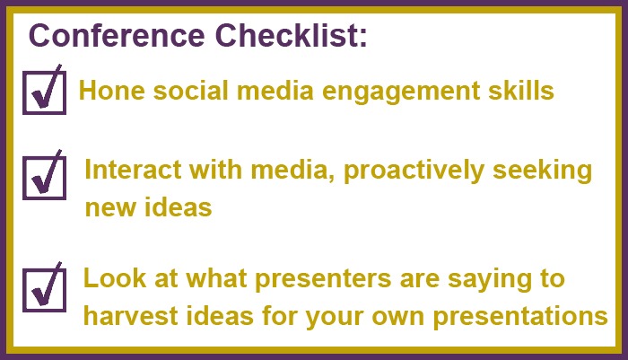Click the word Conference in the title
click(117, 35)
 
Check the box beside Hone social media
click(45, 92)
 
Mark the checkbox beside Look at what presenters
click(45, 290)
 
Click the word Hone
click(112, 90)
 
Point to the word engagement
click(401, 92)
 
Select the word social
click(191, 90)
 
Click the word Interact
click(133, 170)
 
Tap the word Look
click(115, 277)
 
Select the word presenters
click(323, 279)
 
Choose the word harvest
click(131, 315)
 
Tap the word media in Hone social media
click(275, 90)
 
